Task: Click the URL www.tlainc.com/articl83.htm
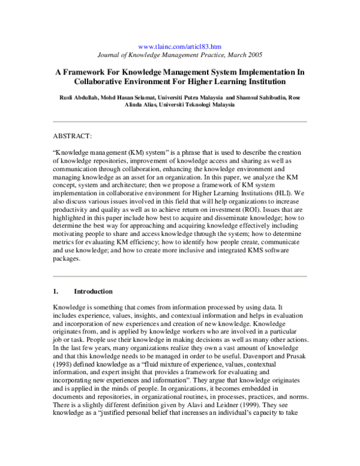179,46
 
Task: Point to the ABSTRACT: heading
72,138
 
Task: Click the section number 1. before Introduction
55,292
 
